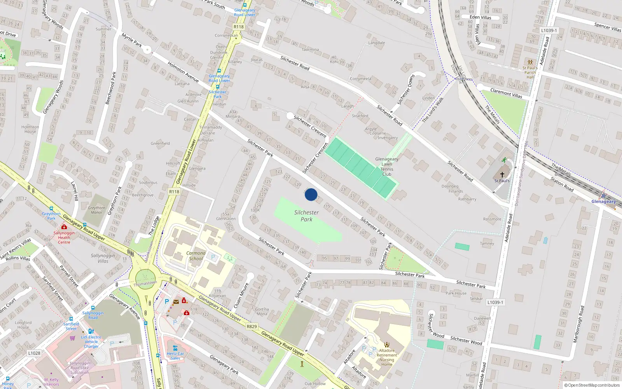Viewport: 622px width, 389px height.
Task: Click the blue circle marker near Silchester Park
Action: (x=311, y=194)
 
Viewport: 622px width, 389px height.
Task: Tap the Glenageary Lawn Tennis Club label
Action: (x=386, y=166)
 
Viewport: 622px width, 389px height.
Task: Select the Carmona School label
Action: (x=196, y=256)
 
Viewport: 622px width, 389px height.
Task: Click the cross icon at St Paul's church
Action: (x=502, y=175)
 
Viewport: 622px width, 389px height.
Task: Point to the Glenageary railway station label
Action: (x=603, y=202)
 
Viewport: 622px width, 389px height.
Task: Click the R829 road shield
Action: (x=252, y=326)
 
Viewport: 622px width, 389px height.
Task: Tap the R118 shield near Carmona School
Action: (x=174, y=191)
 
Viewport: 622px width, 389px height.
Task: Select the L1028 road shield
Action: (x=34, y=353)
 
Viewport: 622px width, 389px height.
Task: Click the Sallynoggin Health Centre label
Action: (x=64, y=237)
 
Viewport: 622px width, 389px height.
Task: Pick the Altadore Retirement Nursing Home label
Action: (x=386, y=357)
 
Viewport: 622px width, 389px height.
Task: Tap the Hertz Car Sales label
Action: (x=175, y=356)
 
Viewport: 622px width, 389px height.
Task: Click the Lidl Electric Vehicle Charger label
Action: (x=91, y=342)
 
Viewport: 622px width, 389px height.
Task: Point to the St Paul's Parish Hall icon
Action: (x=530, y=62)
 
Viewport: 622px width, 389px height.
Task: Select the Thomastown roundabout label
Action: (x=145, y=284)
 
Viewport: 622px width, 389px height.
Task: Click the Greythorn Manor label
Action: (x=96, y=210)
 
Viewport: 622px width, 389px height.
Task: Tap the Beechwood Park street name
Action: (x=111, y=88)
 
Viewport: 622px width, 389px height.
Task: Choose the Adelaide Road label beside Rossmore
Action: (x=509, y=228)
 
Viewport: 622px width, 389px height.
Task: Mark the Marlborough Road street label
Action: (x=579, y=324)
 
